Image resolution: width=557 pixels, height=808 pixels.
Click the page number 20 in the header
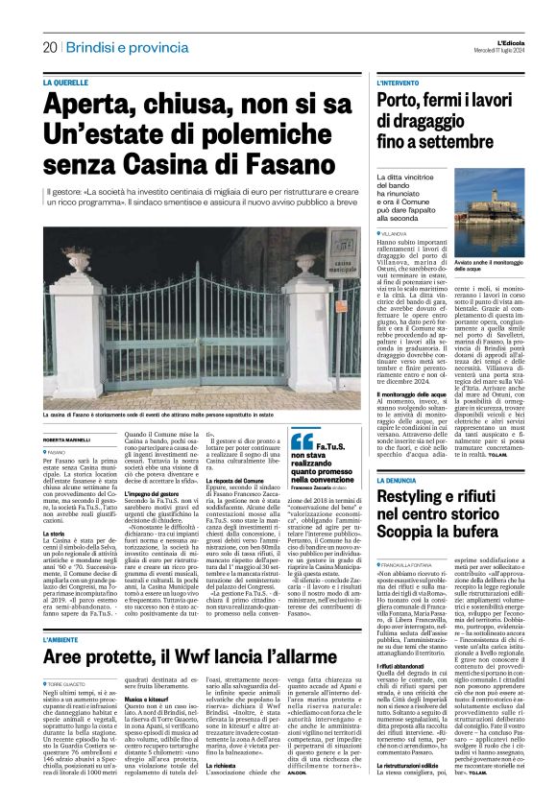49,47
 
